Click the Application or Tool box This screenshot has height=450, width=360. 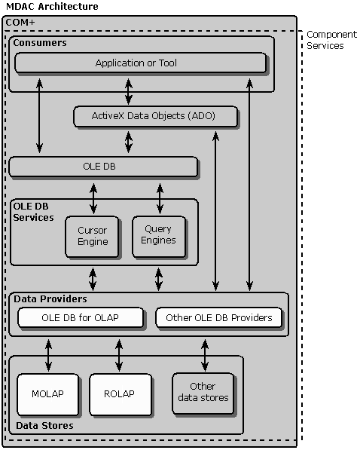coord(140,63)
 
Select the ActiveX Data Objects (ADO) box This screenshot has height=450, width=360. coord(155,116)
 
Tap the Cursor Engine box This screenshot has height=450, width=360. coord(92,237)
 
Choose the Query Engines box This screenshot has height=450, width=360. coord(159,237)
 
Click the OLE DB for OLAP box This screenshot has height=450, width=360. coord(81,317)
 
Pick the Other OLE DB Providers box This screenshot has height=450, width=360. coord(218,317)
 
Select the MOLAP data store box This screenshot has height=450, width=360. coord(47,394)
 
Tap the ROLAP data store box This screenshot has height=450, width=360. coord(121,394)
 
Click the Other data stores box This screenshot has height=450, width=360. coord(203,393)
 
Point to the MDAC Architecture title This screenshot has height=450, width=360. coord(52,6)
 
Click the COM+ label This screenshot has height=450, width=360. coord(20,22)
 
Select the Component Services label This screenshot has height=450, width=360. coord(331,40)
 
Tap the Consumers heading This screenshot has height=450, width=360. coord(40,43)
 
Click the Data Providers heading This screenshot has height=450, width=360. coord(50,299)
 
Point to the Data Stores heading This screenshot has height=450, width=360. coord(44,426)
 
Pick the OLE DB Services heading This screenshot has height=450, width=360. coord(33,212)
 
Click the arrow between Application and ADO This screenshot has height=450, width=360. coord(129,91)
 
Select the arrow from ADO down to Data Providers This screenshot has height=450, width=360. coord(215,211)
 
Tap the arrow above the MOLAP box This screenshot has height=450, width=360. coord(48,355)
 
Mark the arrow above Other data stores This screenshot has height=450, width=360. coord(205,355)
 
